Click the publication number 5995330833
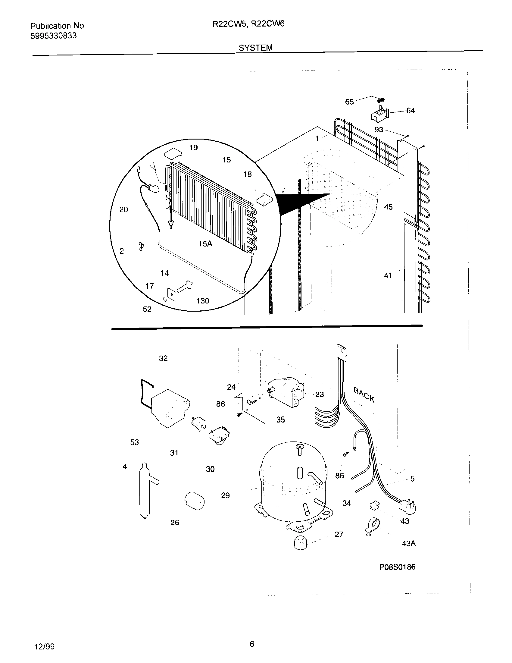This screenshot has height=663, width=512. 53,36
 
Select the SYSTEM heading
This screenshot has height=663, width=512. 255,48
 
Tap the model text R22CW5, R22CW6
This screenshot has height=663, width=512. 248,24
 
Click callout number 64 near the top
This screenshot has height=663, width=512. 410,111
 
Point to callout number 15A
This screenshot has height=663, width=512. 205,244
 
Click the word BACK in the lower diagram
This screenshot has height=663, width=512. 364,395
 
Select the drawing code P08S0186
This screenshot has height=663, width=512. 397,567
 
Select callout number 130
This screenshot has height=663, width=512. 203,301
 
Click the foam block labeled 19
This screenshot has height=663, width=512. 172,153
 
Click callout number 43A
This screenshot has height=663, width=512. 408,543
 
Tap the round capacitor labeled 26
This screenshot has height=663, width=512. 195,501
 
